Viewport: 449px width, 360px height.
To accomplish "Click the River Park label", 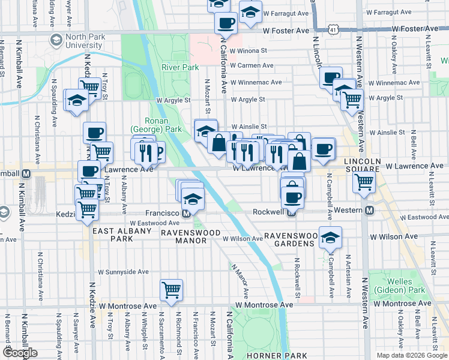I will coord(179,67).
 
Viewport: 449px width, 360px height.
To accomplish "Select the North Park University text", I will coord(86,41).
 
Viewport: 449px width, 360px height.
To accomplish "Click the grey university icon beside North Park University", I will coord(56,40).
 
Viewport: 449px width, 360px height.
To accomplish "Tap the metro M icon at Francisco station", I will coord(187,213).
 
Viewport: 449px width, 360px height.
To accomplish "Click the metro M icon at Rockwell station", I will coord(291,212).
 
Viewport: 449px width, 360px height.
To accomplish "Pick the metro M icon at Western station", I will coord(370,210).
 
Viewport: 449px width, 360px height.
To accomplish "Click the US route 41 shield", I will coord(332,29).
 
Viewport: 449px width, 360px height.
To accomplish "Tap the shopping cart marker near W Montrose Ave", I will coord(171,290).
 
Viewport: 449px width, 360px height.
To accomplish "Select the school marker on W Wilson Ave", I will coord(330,238).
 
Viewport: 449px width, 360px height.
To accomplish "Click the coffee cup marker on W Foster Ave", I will coord(226,23).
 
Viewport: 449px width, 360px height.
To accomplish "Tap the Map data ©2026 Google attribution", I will coord(411,355).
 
